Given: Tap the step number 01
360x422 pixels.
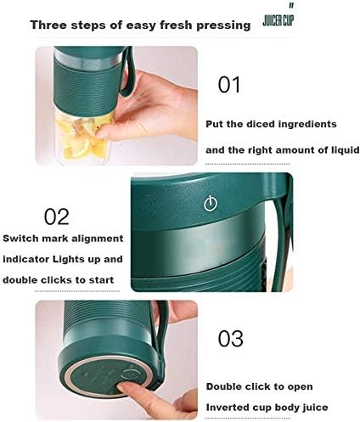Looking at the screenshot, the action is tap(229, 85).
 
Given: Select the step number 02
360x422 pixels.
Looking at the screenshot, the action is tap(57, 217).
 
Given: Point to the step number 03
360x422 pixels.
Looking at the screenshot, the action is tap(230, 339).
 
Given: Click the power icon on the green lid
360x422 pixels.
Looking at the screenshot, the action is tap(211, 204).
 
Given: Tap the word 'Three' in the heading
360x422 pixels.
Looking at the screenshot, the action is tap(48, 25).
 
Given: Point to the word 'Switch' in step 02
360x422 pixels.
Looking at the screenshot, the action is tap(20, 239).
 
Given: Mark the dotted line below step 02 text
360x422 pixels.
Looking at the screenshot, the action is tap(77, 291).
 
